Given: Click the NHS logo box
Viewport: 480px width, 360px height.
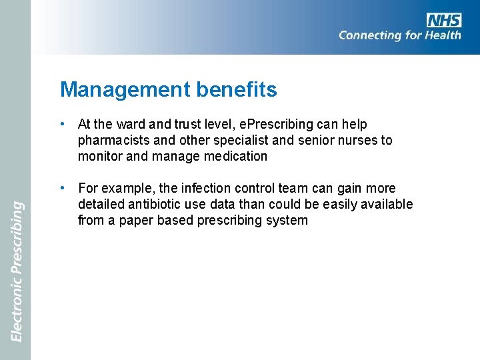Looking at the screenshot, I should tap(444, 20).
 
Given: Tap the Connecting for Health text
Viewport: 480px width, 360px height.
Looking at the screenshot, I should tap(399, 35).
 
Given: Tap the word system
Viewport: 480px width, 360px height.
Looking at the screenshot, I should tap(287, 221).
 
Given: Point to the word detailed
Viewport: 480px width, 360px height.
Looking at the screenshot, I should tap(101, 205).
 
